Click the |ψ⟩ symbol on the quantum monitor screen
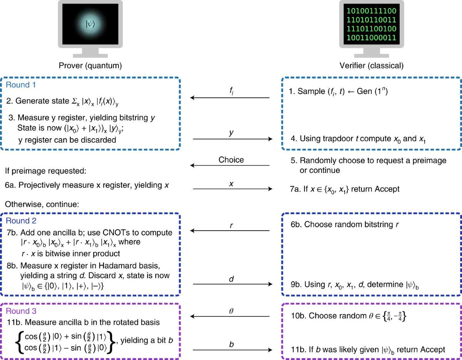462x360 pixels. (x=90, y=24)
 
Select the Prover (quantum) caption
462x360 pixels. (x=90, y=66)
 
